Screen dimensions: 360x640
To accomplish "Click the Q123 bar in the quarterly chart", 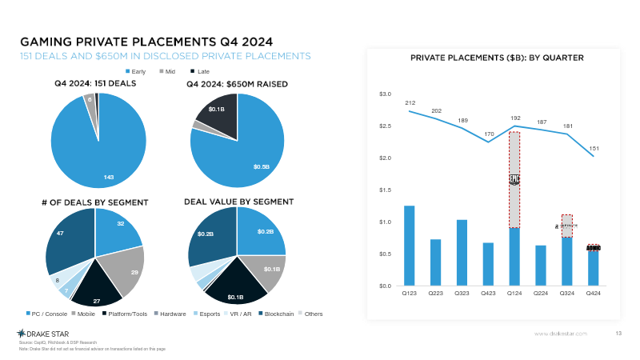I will pyautogui.click(x=409, y=246).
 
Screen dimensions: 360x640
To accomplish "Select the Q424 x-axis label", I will pyautogui.click(x=593, y=294).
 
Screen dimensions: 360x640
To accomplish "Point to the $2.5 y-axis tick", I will pyautogui.click(x=385, y=126).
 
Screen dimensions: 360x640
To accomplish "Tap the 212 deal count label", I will pyautogui.click(x=410, y=103).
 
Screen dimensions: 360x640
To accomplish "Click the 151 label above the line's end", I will pyautogui.click(x=593, y=148).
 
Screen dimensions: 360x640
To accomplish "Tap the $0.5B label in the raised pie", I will pyautogui.click(x=262, y=167).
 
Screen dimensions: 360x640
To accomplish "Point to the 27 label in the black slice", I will pyautogui.click(x=97, y=301).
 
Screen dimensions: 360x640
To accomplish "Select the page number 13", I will pyautogui.click(x=618, y=333).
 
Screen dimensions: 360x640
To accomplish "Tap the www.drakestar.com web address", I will pyautogui.click(x=561, y=333).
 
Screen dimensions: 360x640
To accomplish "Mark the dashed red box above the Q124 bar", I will pyautogui.click(x=514, y=180).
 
